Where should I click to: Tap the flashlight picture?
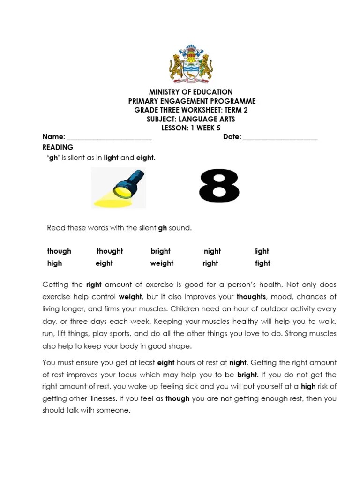[x=119, y=188]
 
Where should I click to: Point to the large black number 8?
[x=219, y=186]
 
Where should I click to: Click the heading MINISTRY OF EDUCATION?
[x=191, y=92]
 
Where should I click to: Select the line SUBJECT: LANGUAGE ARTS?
[x=191, y=119]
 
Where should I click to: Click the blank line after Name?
[x=110, y=138]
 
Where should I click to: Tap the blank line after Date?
[x=280, y=138]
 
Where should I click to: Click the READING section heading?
[x=58, y=147]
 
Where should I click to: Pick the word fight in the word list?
[x=262, y=263]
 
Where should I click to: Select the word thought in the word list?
[x=110, y=251]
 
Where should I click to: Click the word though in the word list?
[x=59, y=251]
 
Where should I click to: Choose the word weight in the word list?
[x=162, y=263]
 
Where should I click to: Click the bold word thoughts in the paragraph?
[x=251, y=297]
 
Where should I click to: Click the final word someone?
[x=114, y=411]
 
